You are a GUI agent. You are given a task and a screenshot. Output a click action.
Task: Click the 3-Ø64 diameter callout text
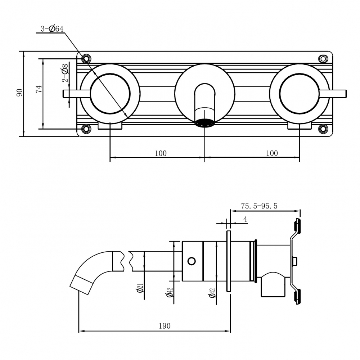click(x=52, y=29)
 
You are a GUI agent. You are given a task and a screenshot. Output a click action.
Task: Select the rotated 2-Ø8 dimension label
click(x=65, y=73)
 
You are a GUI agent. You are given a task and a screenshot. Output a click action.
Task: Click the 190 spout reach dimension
click(x=164, y=326)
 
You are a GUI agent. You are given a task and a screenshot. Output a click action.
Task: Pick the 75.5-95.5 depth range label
click(x=259, y=206)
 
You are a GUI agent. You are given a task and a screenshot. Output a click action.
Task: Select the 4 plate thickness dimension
click(x=245, y=219)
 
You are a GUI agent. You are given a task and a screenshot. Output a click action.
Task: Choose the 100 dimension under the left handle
click(x=161, y=153)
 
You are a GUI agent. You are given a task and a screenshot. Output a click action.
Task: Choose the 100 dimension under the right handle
click(x=272, y=153)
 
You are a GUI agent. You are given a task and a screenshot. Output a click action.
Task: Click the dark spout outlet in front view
click(x=204, y=123)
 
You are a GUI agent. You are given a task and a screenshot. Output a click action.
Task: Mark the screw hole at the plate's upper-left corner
click(x=86, y=58)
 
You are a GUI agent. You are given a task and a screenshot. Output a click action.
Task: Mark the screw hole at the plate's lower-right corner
click(x=323, y=129)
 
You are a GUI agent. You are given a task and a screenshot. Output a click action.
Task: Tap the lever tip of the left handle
click(x=66, y=93)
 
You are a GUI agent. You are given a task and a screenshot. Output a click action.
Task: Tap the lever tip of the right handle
click(x=344, y=93)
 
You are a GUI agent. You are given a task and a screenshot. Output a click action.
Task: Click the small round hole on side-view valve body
click(x=192, y=260)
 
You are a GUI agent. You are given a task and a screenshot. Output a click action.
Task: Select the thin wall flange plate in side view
click(x=228, y=261)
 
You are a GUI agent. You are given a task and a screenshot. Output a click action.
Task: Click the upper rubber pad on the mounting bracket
click(x=298, y=226)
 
